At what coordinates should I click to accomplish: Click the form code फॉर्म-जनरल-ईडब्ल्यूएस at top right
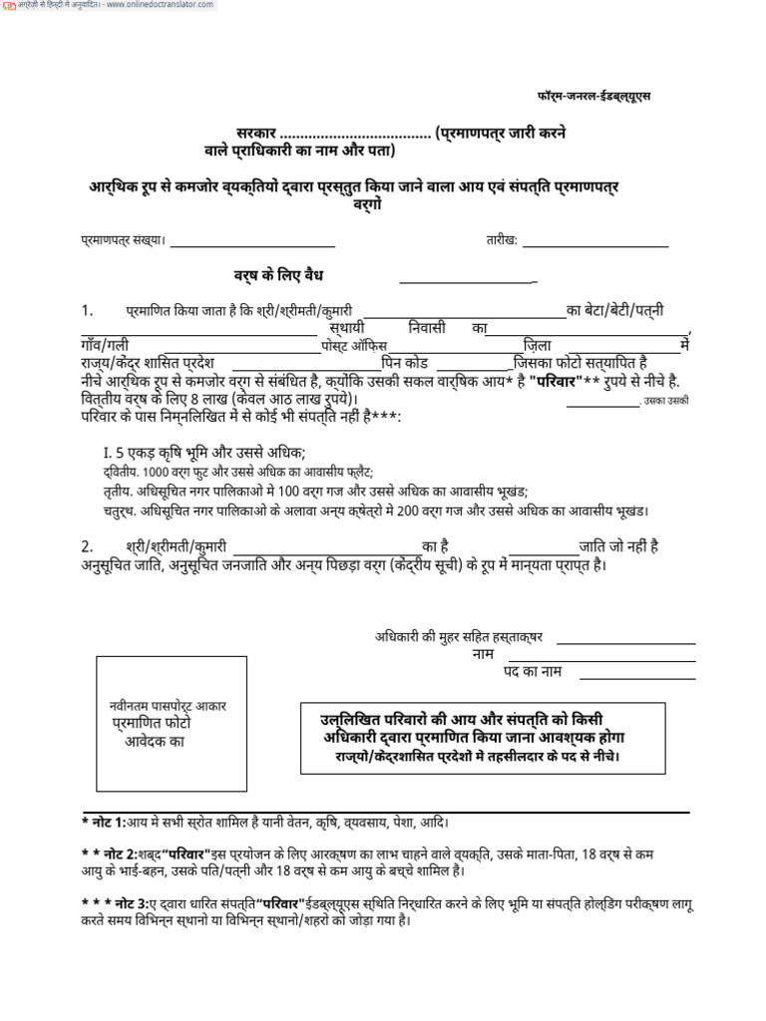[x=593, y=97]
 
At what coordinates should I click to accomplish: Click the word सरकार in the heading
[x=256, y=133]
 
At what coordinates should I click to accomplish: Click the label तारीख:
[x=502, y=240]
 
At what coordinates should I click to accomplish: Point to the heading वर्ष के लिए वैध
[x=278, y=274]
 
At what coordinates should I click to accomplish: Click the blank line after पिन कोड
[x=472, y=368]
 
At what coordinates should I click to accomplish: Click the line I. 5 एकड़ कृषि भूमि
[x=204, y=451]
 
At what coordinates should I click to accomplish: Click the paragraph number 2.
[x=88, y=546]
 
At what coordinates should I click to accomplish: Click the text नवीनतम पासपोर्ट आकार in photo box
[x=168, y=705]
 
